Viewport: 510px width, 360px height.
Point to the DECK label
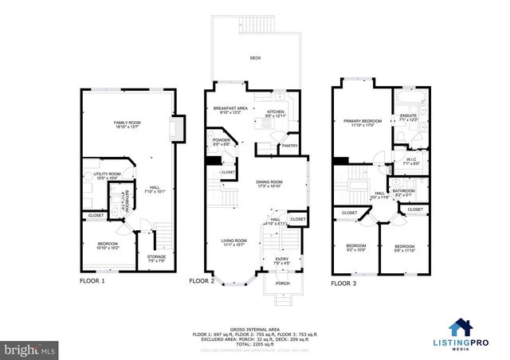(x=255, y=57)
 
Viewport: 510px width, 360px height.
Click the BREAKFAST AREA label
(x=229, y=108)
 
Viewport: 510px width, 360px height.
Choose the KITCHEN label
(x=275, y=112)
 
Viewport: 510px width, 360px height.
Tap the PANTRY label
(x=288, y=146)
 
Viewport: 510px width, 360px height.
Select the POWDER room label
(x=221, y=140)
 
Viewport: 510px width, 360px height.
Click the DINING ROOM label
(x=269, y=182)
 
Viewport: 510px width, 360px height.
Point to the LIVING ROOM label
(x=234, y=240)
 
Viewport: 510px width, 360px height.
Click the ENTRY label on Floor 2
(x=283, y=258)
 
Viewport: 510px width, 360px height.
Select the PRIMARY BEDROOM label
(x=363, y=121)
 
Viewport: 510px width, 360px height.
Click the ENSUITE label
(x=409, y=115)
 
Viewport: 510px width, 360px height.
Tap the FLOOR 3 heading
(x=345, y=282)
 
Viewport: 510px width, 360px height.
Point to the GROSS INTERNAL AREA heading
(x=255, y=327)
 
